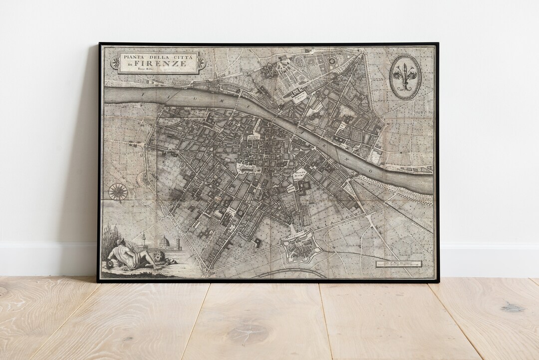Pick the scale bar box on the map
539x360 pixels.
pos(398,264)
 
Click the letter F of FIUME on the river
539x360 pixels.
pos(143,93)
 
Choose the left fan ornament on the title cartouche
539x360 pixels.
pos(115,62)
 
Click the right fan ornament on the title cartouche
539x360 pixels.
pos(201,62)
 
